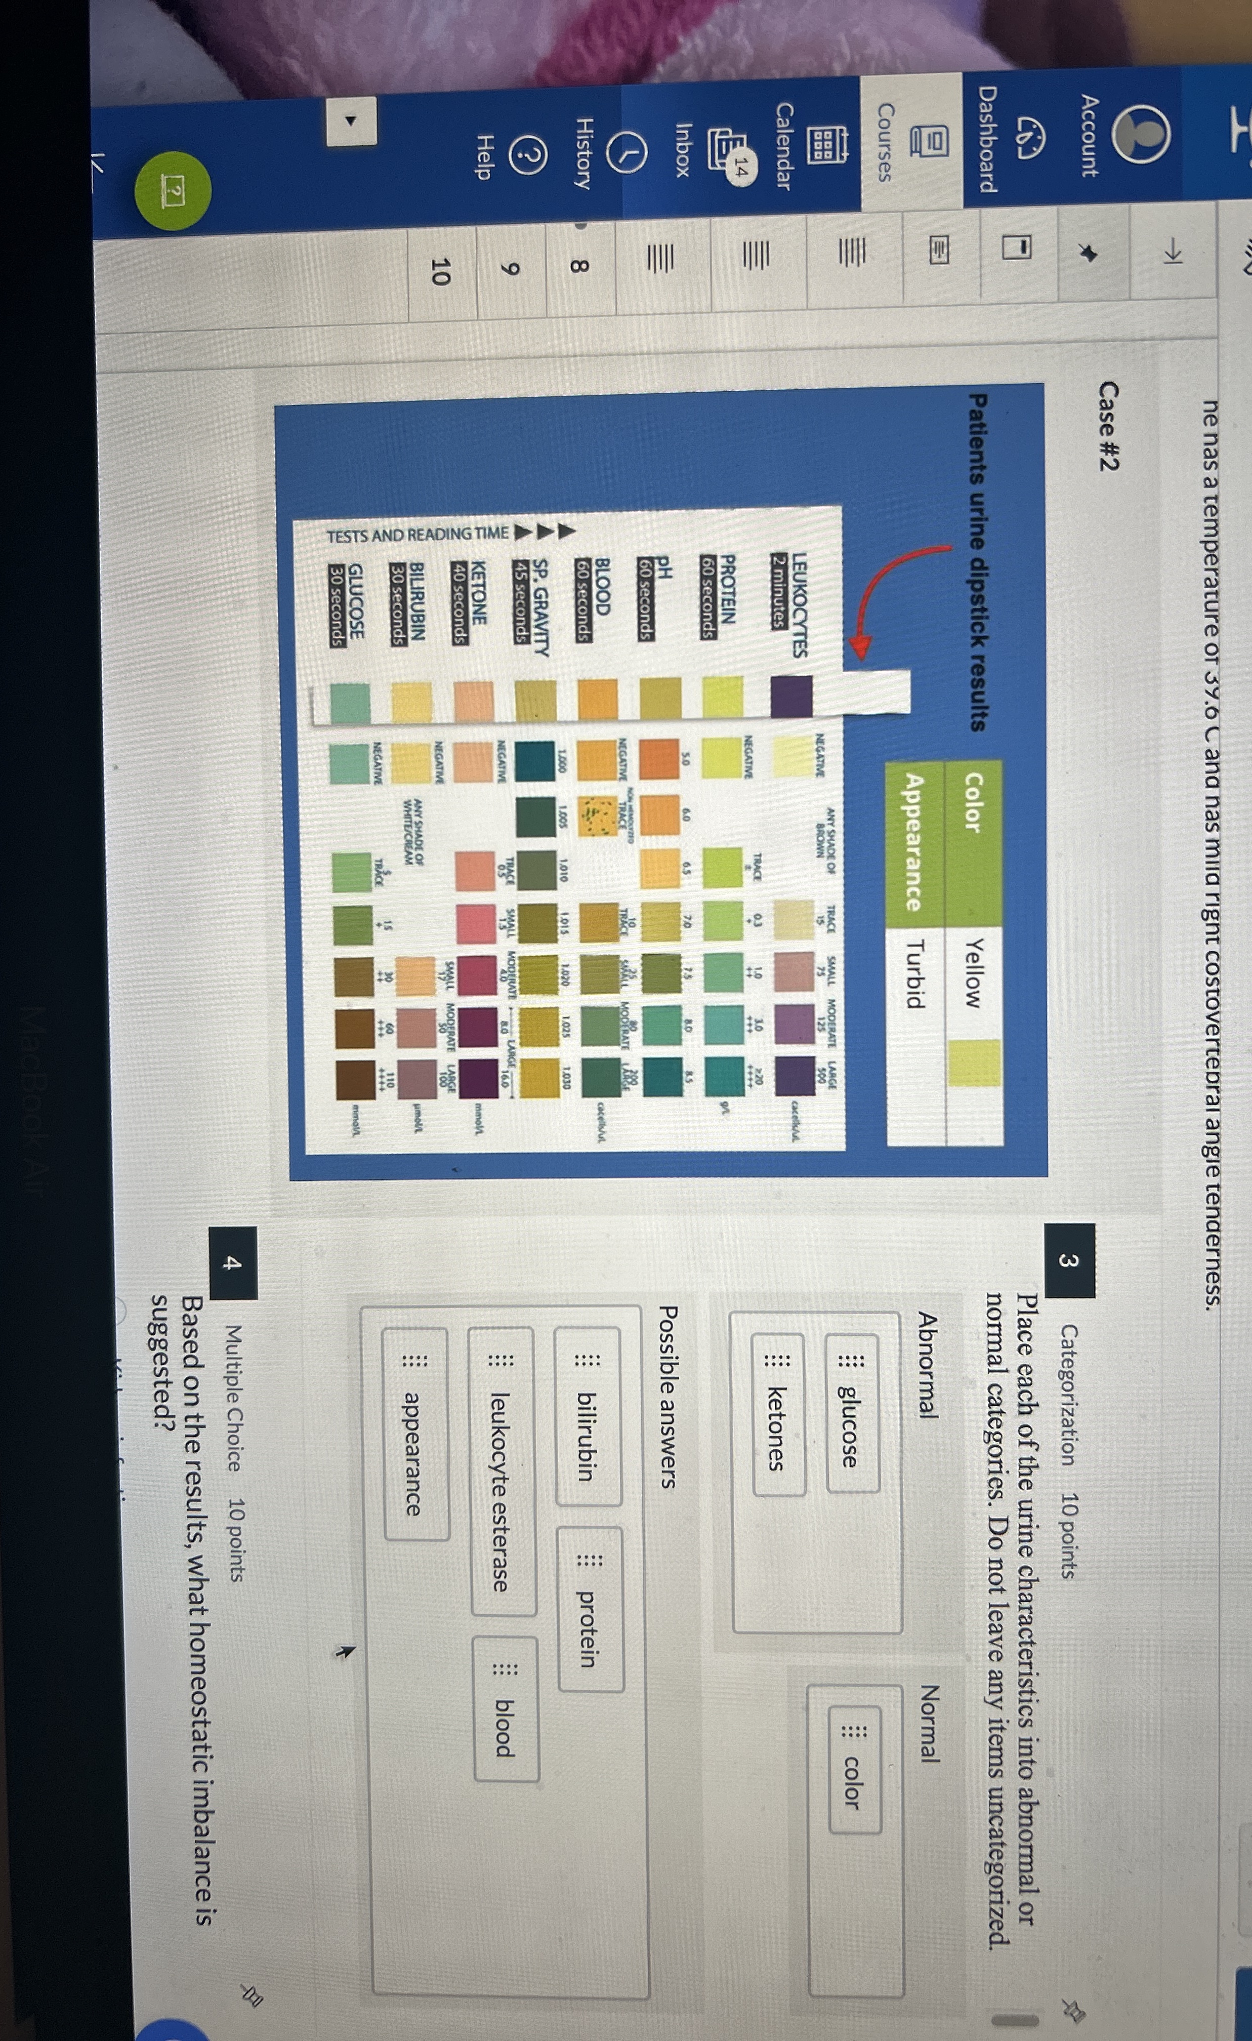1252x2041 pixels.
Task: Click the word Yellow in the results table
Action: [x=974, y=974]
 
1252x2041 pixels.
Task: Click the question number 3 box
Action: [x=1069, y=1261]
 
